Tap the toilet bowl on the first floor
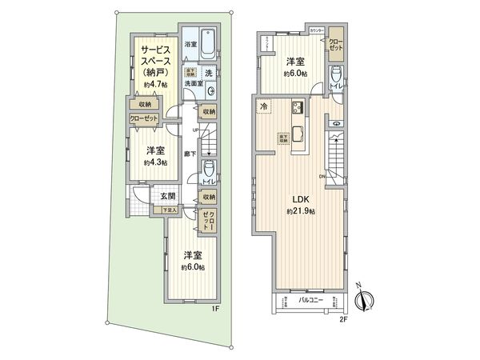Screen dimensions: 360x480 208,169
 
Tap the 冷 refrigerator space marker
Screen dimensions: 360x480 262,106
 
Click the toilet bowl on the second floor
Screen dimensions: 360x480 334,77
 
